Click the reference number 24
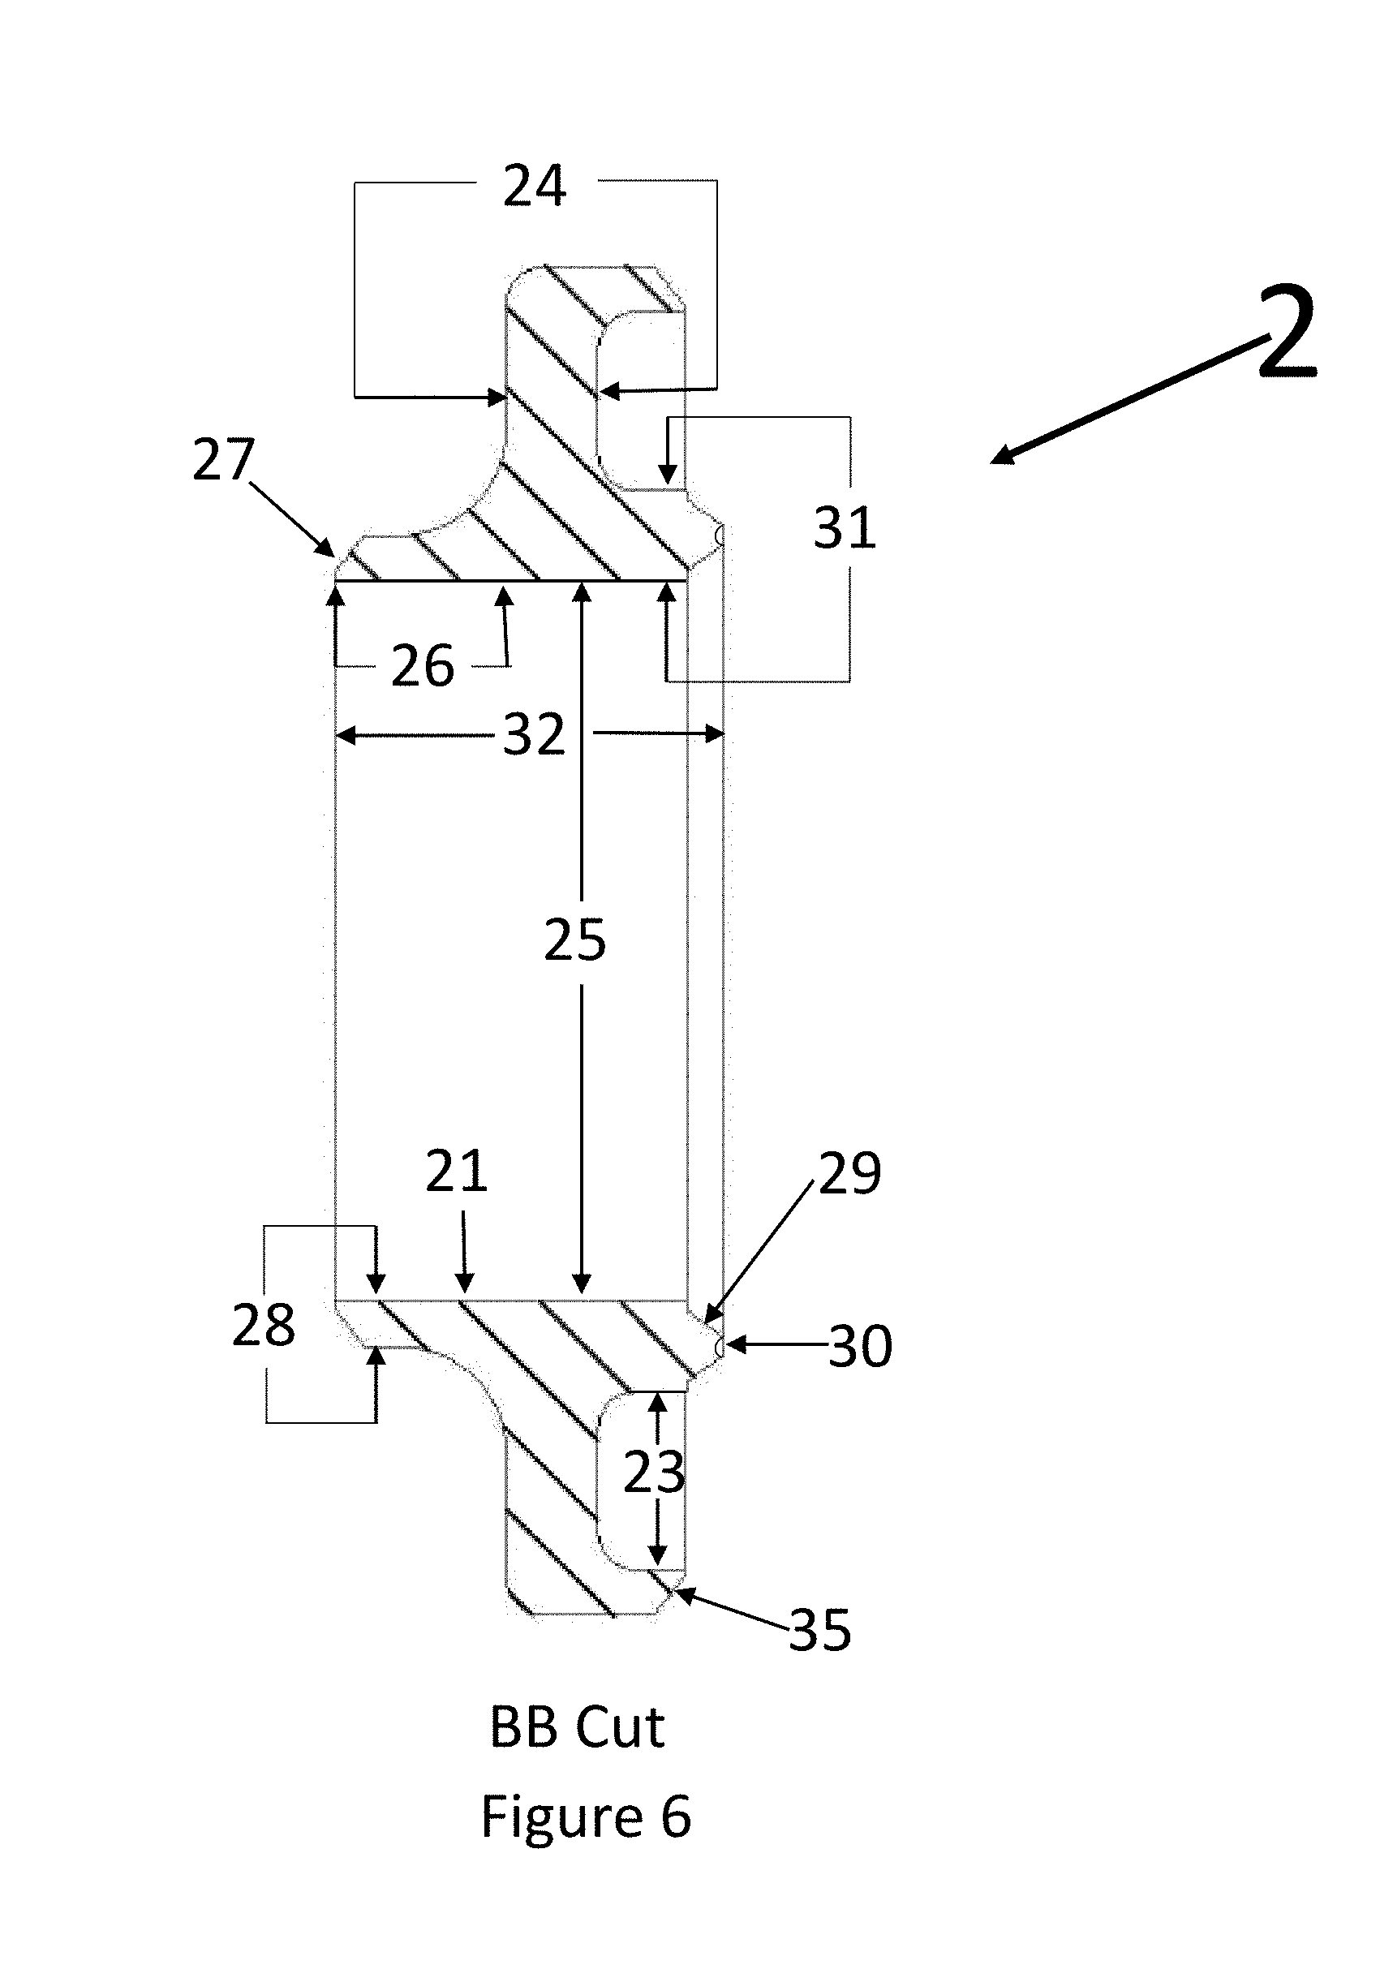click(534, 186)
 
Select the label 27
click(223, 460)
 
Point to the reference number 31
click(844, 528)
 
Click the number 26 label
click(422, 666)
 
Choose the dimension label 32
click(534, 735)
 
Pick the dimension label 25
click(574, 940)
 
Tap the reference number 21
click(456, 1172)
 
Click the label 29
click(849, 1174)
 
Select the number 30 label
click(860, 1347)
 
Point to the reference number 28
click(264, 1325)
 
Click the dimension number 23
click(654, 1473)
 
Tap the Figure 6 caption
click(586, 1816)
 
